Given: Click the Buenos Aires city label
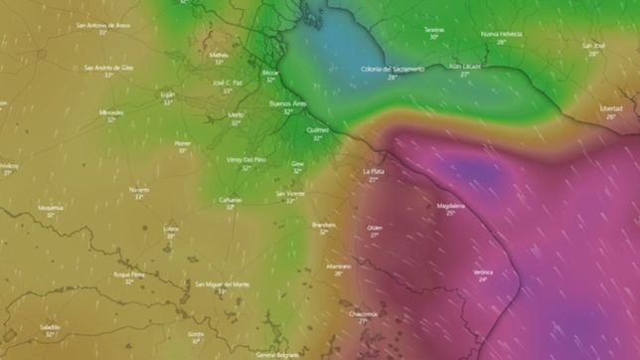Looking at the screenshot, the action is tap(287, 102).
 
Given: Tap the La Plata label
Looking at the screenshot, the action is tap(374, 171).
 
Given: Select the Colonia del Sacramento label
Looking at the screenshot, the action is tap(392, 69).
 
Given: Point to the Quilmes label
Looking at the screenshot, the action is tap(317, 129).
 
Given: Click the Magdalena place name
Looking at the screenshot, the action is tap(450, 205).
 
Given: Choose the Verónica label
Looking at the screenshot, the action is tap(483, 271).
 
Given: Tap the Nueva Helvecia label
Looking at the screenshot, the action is tap(501, 34).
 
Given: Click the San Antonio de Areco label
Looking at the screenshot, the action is tap(103, 24).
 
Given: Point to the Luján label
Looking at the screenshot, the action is tap(167, 93).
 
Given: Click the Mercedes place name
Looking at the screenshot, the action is tap(111, 112).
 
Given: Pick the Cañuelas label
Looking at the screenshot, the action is tap(230, 199).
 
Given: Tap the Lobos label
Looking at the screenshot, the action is tap(171, 229).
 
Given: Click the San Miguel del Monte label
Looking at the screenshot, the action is tap(222, 283).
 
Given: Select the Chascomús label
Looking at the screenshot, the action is tap(363, 312).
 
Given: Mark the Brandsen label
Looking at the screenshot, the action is tap(323, 225).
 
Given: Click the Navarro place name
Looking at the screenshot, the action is tap(139, 189).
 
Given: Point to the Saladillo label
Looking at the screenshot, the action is tap(51, 326).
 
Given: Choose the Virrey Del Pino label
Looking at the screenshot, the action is tap(245, 159).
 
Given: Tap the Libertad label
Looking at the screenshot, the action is tap(611, 107).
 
